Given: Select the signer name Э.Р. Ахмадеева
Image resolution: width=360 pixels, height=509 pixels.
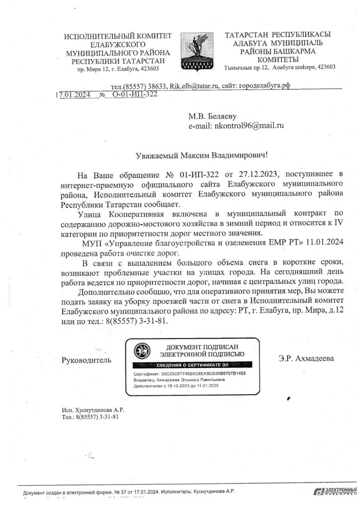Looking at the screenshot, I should (x=307, y=358).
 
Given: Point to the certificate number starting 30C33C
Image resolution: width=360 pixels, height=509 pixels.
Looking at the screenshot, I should (x=202, y=373).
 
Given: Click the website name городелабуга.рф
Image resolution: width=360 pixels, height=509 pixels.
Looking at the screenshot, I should (x=264, y=85).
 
